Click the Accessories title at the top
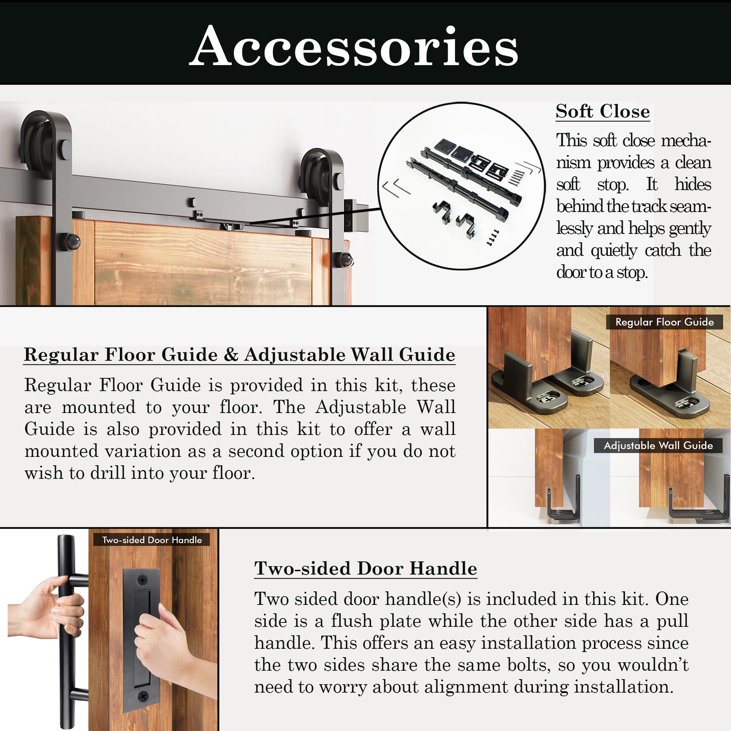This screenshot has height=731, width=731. coord(354,46)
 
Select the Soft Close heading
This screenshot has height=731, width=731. coord(603,111)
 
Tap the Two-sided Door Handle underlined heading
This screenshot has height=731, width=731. coord(365,568)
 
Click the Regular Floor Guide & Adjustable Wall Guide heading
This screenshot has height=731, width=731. coord(239,355)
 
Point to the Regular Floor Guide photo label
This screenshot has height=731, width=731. coord(665,322)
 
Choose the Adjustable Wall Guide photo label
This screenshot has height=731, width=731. coord(658,445)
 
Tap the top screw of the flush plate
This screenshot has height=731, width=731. coord(142,580)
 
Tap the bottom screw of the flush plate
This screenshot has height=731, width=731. coord(143,696)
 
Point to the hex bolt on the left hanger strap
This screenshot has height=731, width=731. coord(69,241)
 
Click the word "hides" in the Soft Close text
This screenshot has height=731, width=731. coord(693,185)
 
